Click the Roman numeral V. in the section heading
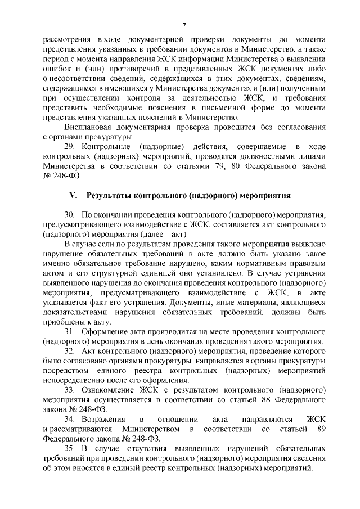tap(73, 195)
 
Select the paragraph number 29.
tap(70, 146)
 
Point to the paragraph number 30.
tap(69, 215)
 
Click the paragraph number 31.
tap(69, 332)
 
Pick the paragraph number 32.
tap(70, 352)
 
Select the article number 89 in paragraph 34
tap(322, 429)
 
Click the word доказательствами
tap(76, 312)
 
